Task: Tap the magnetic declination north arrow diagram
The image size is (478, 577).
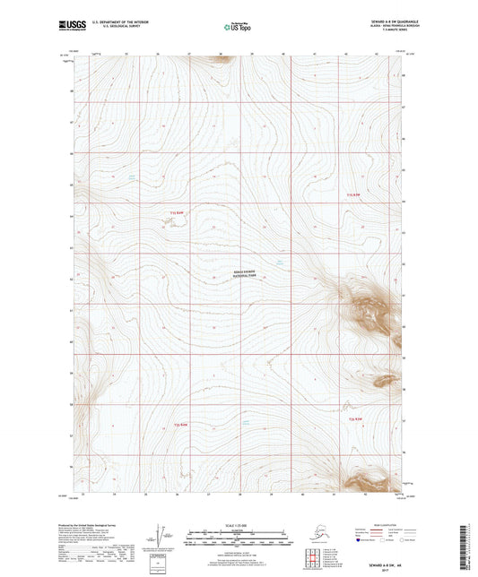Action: [161, 536]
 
